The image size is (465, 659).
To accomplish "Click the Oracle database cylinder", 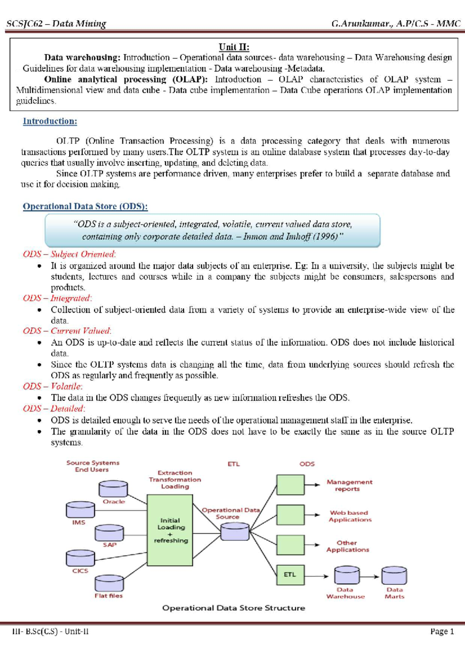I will pos(113,489).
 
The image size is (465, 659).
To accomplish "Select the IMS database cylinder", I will pos(80,510).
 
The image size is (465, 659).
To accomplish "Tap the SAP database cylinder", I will pos(109,532).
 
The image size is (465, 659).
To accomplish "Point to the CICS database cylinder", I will pos(80,558).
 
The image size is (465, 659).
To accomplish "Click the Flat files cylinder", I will pos(109,583).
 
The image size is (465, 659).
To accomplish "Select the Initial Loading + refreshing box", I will pos(170,530).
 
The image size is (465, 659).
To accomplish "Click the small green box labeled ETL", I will pos(290,574).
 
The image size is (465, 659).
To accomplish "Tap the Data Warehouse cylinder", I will pos(347,575).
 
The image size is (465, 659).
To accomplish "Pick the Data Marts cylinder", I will pos(394,575).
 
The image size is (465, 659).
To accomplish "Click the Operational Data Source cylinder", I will pos(235,531).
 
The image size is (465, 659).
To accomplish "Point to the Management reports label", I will pos(349,485).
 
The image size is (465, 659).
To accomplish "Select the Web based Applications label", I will pos(350,516).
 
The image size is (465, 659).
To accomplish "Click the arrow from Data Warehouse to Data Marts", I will pos(370,576).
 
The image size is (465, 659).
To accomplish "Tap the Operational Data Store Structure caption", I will pos(234,608).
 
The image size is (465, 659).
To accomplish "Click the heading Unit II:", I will pos(234,47).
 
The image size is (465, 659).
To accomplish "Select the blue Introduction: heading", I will pos(50,121).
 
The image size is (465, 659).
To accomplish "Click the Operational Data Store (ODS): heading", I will pos(85,206).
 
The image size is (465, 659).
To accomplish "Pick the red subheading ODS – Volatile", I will pos(53,386).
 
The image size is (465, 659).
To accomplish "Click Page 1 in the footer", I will pos(442,631).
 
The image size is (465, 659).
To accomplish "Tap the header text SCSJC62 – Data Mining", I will pos(56,24).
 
